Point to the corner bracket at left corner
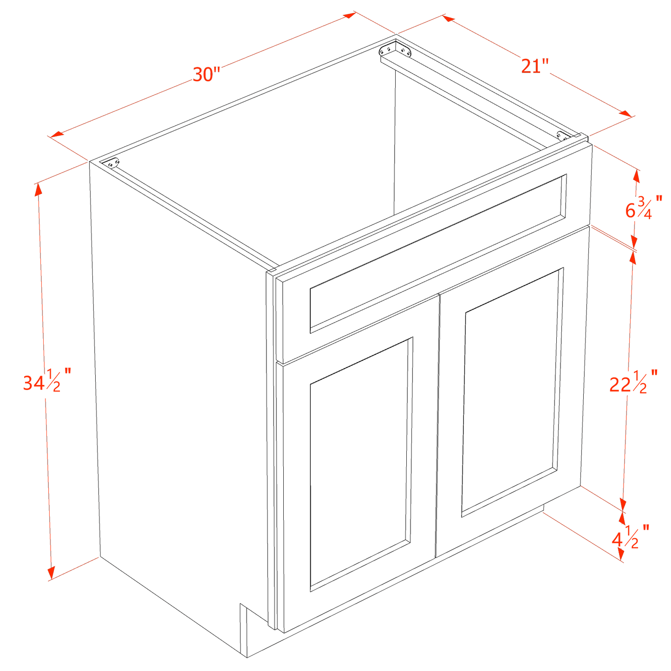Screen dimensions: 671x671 click(x=112, y=163)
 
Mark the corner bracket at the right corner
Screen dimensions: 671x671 click(x=562, y=135)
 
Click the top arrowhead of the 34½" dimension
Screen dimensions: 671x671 click(x=38, y=188)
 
